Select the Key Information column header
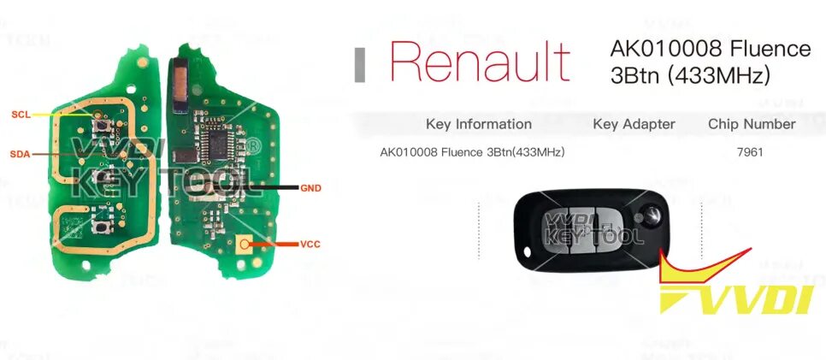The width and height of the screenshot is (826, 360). [x=478, y=124]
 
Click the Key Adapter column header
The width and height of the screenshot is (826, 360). [x=634, y=124]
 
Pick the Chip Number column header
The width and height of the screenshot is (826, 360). [x=752, y=124]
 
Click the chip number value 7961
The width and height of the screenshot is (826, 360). [x=748, y=153]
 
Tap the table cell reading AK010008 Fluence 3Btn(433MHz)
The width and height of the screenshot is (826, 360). [x=472, y=153]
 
